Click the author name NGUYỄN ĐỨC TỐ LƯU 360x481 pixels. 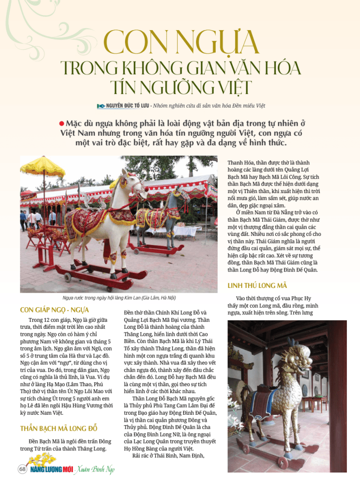tap(133, 106)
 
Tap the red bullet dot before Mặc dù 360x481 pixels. tap(61, 124)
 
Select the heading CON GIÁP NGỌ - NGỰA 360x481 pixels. tap(54, 310)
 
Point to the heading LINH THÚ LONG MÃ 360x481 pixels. tap(257, 286)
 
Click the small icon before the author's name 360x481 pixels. tap(100, 106)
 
